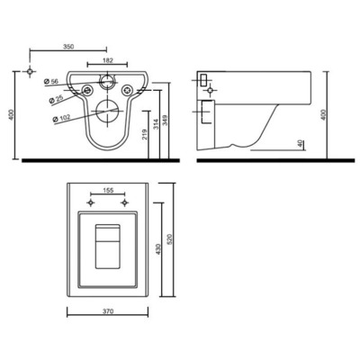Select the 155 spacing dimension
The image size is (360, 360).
pos(109,192)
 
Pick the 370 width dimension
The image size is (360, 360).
pos(108,310)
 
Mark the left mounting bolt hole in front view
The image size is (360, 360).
pos(87,90)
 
